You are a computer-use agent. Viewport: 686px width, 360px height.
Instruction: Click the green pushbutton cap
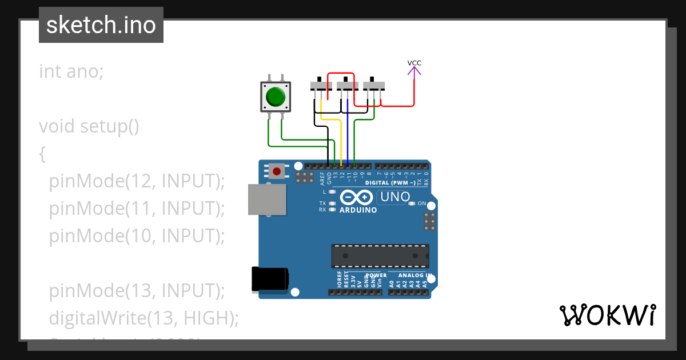(276, 97)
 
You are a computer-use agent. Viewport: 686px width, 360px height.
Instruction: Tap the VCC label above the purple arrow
(414, 63)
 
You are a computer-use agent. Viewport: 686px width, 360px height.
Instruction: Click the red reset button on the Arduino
(278, 171)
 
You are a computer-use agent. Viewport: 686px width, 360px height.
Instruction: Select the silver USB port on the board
(267, 199)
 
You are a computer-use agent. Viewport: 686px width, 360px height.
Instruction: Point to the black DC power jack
(270, 280)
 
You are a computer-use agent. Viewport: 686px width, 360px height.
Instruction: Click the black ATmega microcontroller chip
(380, 256)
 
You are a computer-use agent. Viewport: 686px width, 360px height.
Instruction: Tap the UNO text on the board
(393, 197)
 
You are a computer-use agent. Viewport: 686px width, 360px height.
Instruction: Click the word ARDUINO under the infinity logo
(358, 210)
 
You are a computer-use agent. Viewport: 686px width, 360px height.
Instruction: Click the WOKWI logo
(607, 315)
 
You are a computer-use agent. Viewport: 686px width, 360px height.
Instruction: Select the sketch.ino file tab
(101, 25)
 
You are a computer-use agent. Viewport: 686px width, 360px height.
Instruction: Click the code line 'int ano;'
(71, 71)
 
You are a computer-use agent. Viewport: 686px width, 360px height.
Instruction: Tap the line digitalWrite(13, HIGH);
(143, 318)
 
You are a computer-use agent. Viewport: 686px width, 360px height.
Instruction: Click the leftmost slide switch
(321, 86)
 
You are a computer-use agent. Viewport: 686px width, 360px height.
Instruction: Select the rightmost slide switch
(374, 86)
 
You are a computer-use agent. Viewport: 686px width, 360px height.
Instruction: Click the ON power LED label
(422, 203)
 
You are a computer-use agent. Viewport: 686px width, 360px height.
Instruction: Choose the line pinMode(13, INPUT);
(137, 290)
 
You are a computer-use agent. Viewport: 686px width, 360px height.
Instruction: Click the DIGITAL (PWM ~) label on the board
(394, 183)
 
